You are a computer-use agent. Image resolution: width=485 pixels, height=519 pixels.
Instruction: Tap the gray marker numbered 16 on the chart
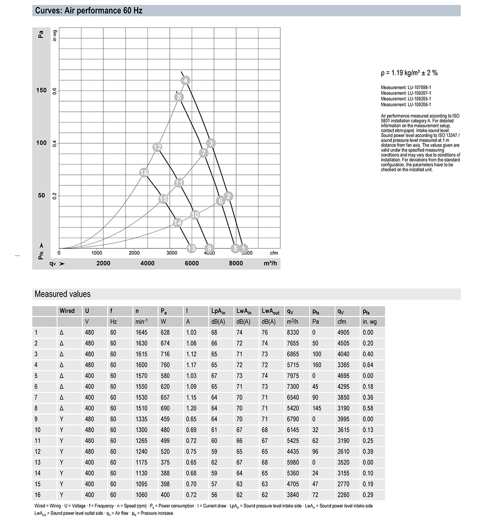[144, 173]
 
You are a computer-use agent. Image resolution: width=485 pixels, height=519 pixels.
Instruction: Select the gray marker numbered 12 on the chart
[157, 147]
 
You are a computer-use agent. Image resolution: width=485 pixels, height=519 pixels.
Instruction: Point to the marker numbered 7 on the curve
[204, 153]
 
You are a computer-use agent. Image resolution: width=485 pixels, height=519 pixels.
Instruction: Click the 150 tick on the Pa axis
[42, 91]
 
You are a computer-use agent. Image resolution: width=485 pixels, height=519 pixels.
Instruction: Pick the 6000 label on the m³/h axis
[192, 263]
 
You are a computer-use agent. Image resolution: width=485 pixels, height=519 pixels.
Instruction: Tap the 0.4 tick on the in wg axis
[54, 143]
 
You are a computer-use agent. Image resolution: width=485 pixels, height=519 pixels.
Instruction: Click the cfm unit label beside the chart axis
[274, 253]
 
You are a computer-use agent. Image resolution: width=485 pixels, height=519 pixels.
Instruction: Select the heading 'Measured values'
[62, 294]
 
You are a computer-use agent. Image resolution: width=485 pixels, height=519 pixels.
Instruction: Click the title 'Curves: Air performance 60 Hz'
[89, 10]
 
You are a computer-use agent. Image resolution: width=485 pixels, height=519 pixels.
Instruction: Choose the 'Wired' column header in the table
[67, 311]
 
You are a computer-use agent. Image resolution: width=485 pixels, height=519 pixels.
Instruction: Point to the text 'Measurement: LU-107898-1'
[406, 88]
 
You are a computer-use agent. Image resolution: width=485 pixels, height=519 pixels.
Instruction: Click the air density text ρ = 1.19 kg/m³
[409, 73]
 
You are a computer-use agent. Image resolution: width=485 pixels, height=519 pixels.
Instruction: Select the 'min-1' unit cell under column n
[142, 322]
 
